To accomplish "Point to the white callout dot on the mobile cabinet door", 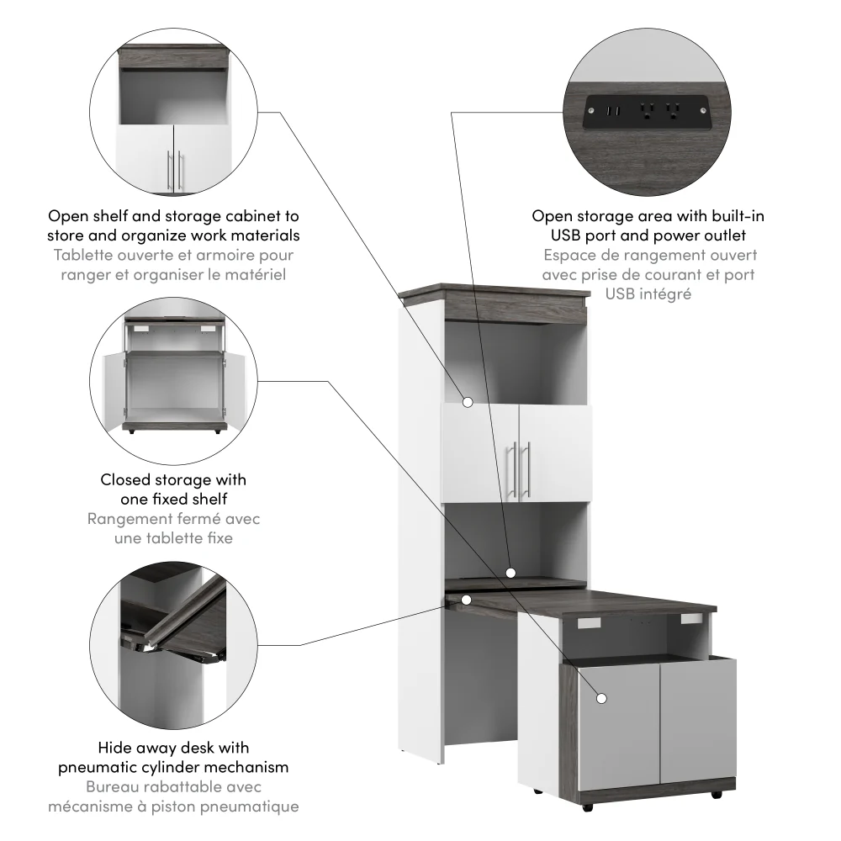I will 601,698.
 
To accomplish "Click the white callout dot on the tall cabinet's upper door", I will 468,402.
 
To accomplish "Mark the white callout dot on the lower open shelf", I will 510,573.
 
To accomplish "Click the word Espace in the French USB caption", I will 569,255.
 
